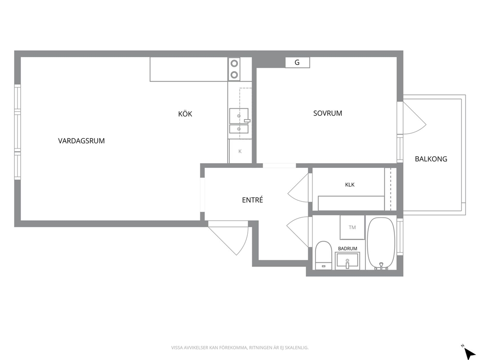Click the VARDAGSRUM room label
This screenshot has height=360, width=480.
coord(81,141)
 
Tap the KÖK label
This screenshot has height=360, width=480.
coord(185,114)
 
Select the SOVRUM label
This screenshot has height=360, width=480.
coord(328,113)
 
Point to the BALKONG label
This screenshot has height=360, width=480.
coord(431,159)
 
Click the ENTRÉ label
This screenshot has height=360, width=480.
coord(253,200)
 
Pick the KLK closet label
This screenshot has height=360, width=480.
coord(349,184)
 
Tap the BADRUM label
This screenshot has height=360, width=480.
coord(347,249)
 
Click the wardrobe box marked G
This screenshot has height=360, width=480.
coord(298,62)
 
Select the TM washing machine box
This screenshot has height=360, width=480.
coord(352,227)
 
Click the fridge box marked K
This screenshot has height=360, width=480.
coord(240,151)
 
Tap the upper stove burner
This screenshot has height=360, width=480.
coord(234,64)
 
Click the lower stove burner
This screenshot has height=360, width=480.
coord(234,75)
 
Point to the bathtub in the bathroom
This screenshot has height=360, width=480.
coord(381,244)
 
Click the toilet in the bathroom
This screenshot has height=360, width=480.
coord(324,255)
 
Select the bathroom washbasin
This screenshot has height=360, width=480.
coord(347,260)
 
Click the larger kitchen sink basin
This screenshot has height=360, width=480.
coord(239,116)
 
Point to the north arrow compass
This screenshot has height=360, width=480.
coord(469,352)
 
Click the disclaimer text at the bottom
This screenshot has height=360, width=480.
coord(240,348)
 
